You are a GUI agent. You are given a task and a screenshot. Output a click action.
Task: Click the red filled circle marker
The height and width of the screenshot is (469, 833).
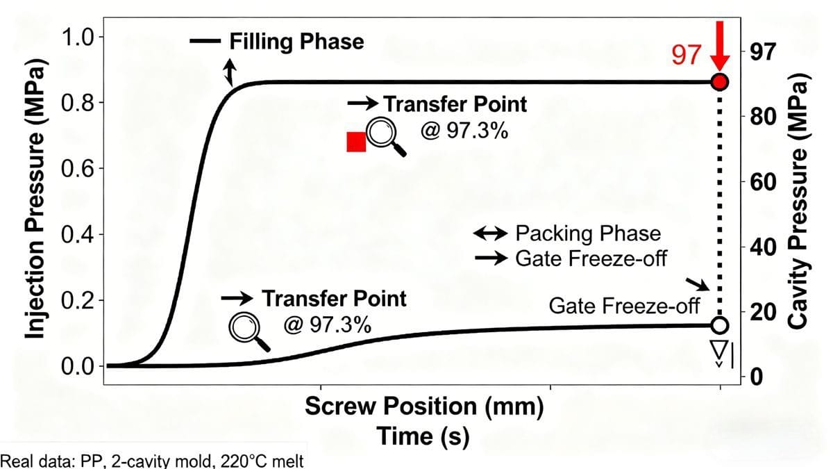click(720, 82)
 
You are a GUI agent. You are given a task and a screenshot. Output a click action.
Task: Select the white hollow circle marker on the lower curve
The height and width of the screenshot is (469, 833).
click(720, 325)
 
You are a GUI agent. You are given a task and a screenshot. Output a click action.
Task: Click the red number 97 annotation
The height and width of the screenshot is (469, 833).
click(688, 56)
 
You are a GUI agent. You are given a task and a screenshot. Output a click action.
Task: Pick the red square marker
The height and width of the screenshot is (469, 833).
click(356, 142)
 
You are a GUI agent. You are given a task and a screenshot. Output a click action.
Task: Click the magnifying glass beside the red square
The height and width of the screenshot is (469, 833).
click(384, 134)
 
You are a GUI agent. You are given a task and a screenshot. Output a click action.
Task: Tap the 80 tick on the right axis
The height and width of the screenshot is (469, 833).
click(762, 115)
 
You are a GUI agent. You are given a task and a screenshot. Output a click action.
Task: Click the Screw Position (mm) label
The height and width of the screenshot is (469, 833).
click(423, 407)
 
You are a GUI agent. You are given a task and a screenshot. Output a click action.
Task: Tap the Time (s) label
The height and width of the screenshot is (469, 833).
click(423, 437)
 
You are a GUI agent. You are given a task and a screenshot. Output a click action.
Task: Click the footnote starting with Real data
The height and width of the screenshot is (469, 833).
click(152, 460)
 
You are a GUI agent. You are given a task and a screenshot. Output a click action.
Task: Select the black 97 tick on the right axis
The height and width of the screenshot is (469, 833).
click(762, 53)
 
